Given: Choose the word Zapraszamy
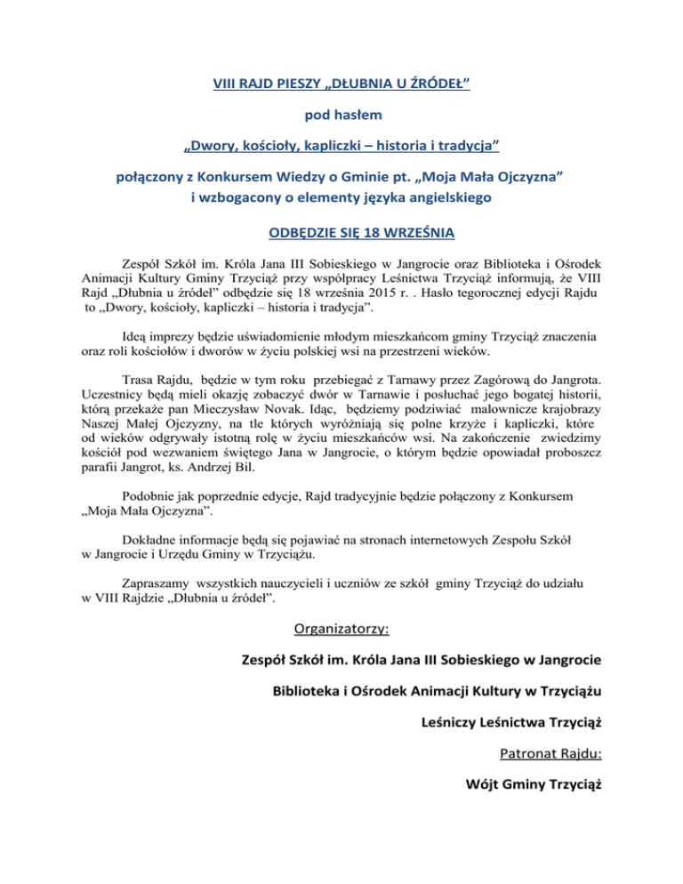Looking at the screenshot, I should (x=157, y=583).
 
